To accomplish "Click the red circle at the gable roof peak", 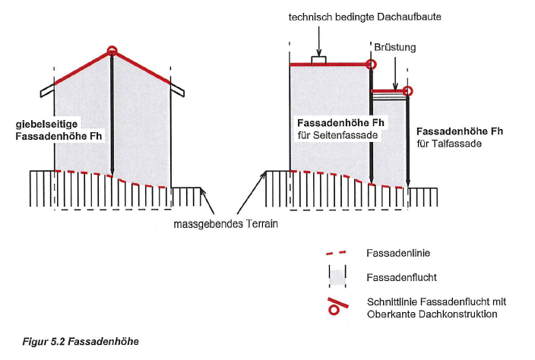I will coord(112,52).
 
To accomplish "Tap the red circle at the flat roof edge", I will coord(372,65).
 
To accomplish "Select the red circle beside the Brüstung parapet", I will coord(408,92).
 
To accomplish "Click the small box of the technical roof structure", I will coord(320,61).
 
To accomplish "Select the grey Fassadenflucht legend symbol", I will coord(338,276).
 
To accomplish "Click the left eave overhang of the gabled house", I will coord(46,89).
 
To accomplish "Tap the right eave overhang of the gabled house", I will coord(179,89).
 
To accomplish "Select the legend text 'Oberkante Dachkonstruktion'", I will coord(428,314).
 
